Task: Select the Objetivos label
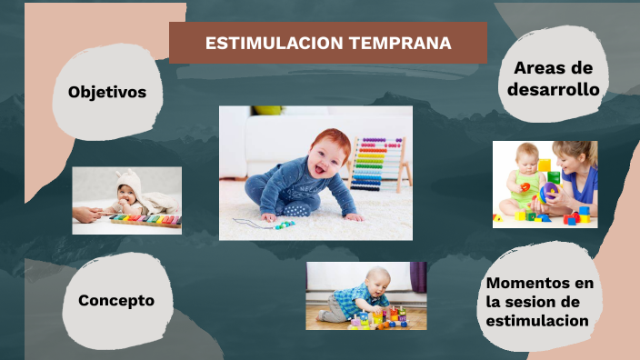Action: click(107, 92)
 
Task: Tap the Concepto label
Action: click(116, 300)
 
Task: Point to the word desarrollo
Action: click(553, 90)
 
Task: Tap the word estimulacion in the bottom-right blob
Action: click(536, 321)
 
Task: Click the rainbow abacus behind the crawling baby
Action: click(378, 164)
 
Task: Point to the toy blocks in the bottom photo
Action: click(386, 319)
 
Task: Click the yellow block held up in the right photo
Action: click(545, 165)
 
